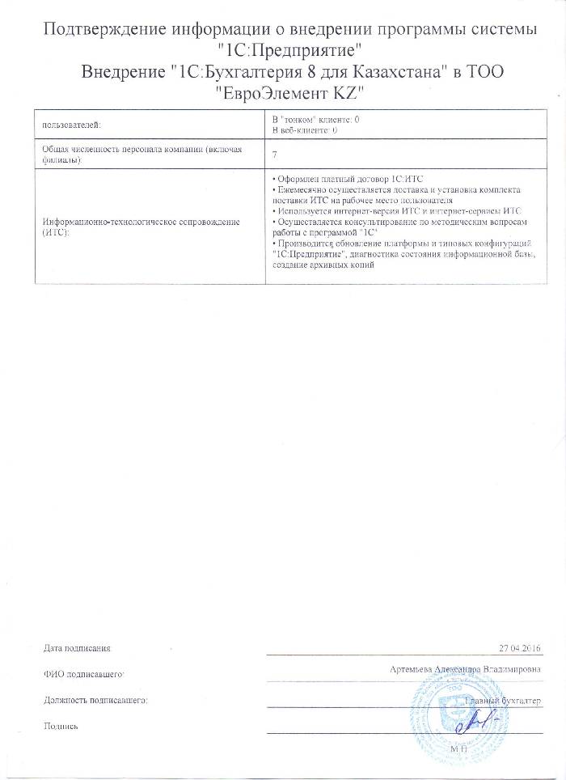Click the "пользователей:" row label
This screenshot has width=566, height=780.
point(70,124)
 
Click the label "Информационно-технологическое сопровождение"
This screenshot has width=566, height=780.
point(142,222)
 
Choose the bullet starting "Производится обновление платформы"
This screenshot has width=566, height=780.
point(403,244)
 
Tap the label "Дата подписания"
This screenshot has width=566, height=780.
point(77,648)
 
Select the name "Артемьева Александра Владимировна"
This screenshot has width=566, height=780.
point(464,670)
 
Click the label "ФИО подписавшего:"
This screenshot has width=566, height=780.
point(82,673)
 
